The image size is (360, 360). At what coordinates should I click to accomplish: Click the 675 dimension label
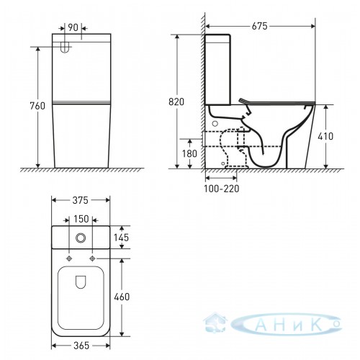[x=259, y=26]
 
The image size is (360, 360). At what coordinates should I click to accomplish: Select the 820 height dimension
[x=176, y=102]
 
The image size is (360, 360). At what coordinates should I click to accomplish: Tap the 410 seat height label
[x=325, y=136]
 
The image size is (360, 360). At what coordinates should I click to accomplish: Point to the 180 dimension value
[x=189, y=153]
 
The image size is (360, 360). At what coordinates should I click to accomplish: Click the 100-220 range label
[x=222, y=189]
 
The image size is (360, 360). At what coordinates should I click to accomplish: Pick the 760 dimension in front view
[x=37, y=106]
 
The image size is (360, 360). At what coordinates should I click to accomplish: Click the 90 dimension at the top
[x=73, y=27]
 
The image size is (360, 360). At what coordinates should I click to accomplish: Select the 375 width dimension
[x=81, y=200]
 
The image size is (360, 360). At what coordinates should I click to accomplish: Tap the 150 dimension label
[x=81, y=219]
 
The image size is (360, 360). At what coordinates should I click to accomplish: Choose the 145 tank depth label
[x=122, y=238]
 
